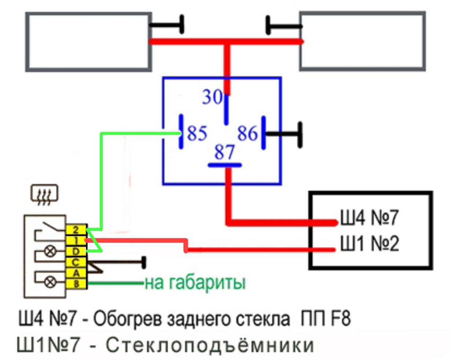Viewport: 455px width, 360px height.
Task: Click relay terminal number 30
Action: coord(212,97)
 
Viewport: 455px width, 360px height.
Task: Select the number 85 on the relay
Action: coord(197,133)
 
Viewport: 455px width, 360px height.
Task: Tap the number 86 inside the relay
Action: coord(247,133)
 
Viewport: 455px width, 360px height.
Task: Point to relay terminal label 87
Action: coord(224,152)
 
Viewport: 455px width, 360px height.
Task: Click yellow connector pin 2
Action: coord(76,230)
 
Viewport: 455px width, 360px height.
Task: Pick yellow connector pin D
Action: coord(76,251)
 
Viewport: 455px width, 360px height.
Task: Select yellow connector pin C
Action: coord(76,262)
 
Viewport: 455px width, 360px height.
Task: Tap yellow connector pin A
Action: coord(76,273)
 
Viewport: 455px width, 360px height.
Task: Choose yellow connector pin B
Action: coord(76,284)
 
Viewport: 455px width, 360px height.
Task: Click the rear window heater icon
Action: coord(44,194)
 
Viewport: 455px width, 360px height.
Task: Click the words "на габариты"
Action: coord(195,283)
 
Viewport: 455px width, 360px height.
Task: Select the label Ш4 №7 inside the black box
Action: coord(369,218)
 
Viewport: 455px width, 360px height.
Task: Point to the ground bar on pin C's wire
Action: coord(143,263)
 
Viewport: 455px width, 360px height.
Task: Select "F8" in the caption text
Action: coord(340,319)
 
